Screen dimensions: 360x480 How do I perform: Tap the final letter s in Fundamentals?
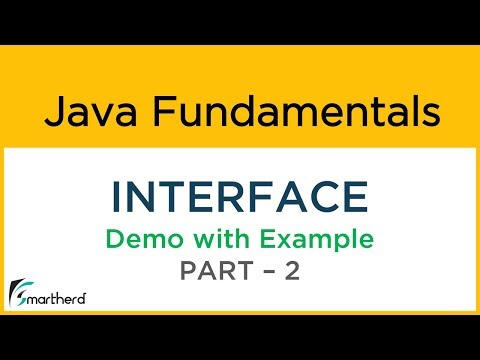point(427,113)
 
